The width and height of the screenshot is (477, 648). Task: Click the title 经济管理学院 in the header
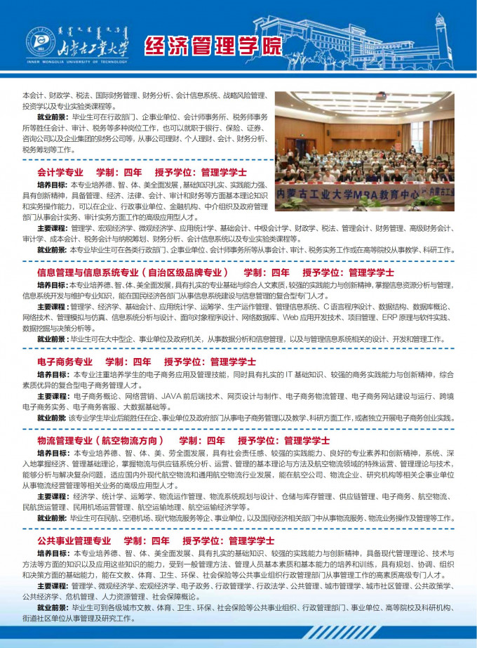[212, 47]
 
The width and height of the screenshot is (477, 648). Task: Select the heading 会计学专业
[60, 172]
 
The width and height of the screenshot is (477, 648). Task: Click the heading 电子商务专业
[65, 362]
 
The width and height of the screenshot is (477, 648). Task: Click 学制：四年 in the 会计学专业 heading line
[119, 172]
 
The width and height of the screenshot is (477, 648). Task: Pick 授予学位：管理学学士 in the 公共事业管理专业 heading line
[228, 541]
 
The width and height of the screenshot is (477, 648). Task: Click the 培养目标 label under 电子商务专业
[53, 374]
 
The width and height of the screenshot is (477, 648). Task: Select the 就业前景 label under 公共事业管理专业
[53, 607]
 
